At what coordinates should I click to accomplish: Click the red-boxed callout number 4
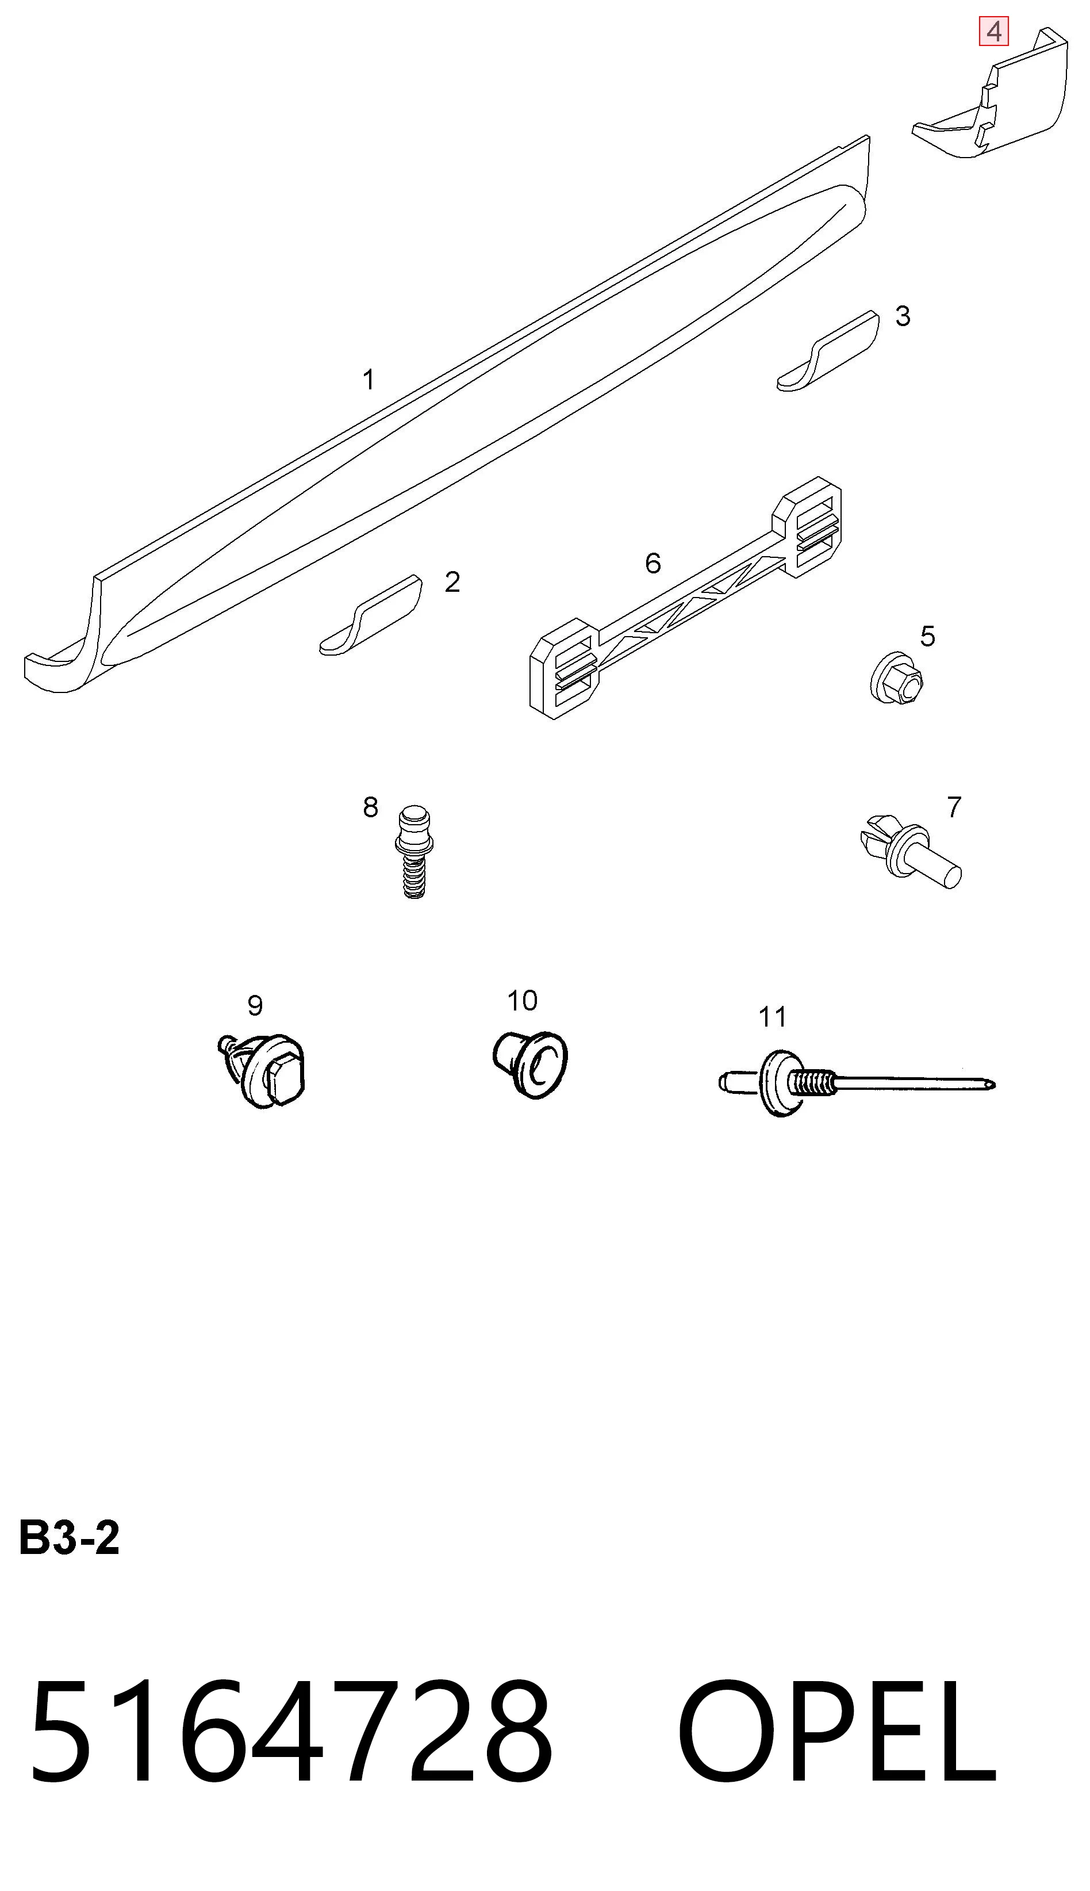coord(994,32)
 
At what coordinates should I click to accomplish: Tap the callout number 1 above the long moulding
coord(369,380)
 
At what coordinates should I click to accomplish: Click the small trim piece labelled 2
coord(371,615)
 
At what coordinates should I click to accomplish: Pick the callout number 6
coord(653,563)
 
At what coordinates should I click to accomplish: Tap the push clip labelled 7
coord(909,851)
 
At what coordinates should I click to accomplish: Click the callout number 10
coord(522,1001)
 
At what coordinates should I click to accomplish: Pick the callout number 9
coord(255,1006)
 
